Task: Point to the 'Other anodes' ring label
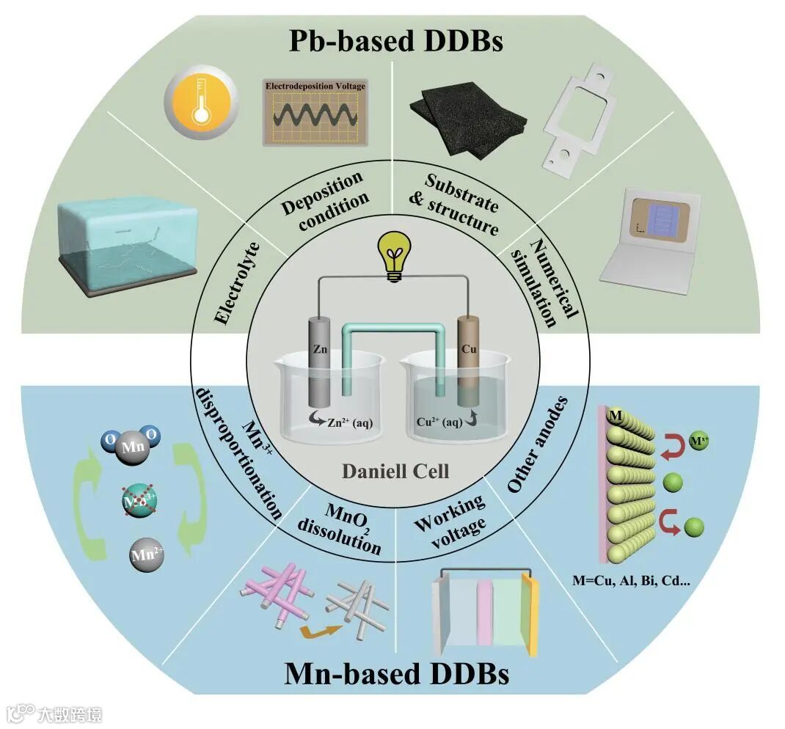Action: pyautogui.click(x=538, y=444)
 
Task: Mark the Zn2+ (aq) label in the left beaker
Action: pyautogui.click(x=342, y=422)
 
